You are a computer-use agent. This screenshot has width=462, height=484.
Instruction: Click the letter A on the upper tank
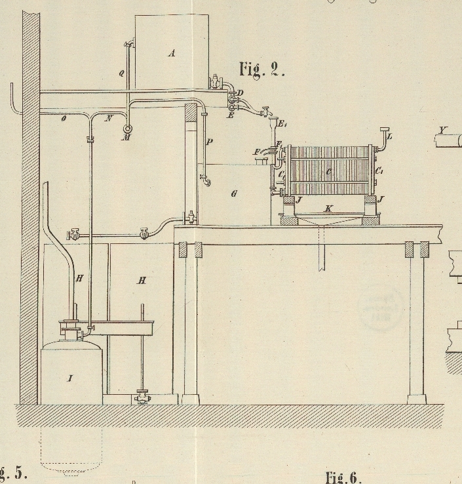click(x=172, y=54)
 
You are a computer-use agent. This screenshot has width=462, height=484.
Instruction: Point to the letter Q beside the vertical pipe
click(x=121, y=73)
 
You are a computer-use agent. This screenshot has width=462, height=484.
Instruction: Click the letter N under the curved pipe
click(x=109, y=119)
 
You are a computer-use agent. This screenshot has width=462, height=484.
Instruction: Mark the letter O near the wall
click(x=64, y=119)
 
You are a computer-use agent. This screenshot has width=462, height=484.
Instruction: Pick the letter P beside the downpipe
click(x=210, y=142)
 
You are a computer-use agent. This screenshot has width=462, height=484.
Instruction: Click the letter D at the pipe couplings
click(x=240, y=94)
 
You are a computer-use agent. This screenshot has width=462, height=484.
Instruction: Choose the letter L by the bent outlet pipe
click(x=389, y=136)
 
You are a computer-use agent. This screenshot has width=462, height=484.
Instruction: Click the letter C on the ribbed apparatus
click(x=328, y=172)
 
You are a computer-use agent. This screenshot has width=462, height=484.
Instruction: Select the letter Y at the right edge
click(x=443, y=130)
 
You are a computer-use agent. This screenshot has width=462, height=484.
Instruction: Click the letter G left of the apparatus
click(x=234, y=193)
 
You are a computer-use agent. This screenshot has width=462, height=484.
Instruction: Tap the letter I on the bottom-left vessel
click(x=70, y=378)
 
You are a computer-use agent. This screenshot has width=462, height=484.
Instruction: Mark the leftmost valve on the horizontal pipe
click(x=72, y=233)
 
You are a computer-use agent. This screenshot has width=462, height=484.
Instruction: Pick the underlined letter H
click(x=141, y=280)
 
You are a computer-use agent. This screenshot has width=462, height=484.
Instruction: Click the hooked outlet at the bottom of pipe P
click(x=206, y=180)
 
